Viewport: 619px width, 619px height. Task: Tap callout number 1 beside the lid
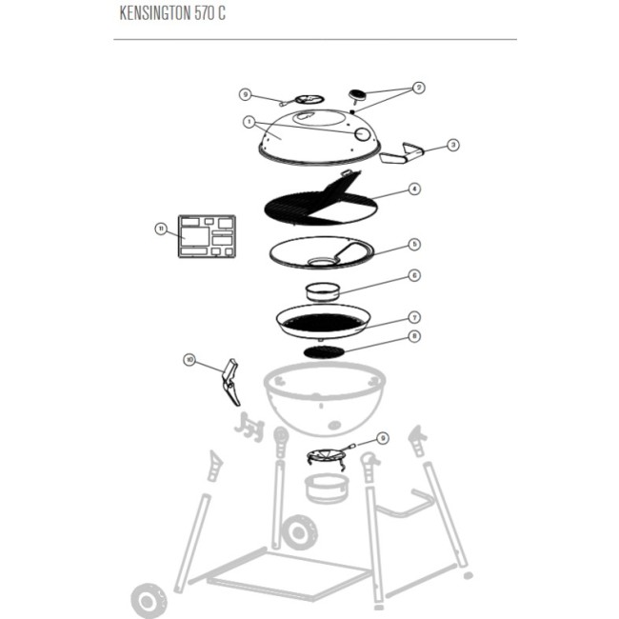click(249, 123)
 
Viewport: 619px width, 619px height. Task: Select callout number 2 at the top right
click(418, 88)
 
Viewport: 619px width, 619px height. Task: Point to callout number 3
click(453, 145)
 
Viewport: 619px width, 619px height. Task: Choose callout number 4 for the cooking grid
click(414, 190)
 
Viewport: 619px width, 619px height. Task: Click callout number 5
click(414, 244)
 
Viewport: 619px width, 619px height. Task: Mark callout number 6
click(414, 275)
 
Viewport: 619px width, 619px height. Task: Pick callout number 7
click(414, 316)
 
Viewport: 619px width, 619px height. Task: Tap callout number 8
click(414, 336)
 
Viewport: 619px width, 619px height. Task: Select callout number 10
click(190, 360)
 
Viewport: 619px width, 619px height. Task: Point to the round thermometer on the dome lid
click(363, 135)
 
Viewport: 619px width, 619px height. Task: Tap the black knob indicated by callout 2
click(358, 93)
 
